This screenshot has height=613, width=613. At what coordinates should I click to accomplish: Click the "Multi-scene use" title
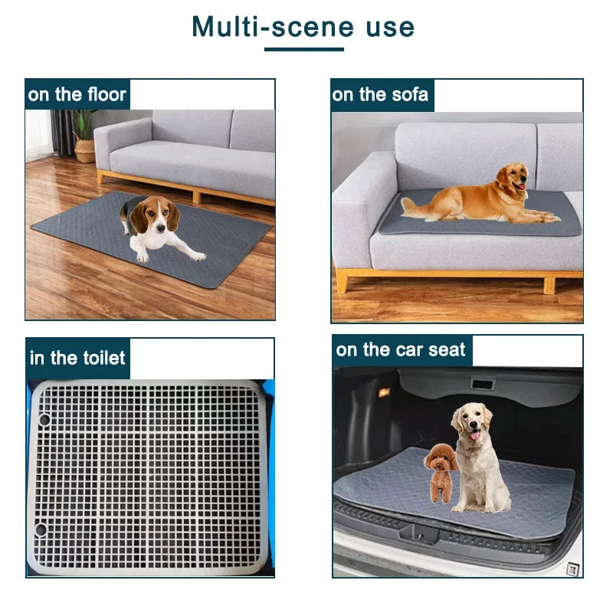[x=303, y=27]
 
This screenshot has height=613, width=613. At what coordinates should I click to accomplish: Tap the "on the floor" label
[x=77, y=95]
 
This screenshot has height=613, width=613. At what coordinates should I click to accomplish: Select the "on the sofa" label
[x=381, y=95]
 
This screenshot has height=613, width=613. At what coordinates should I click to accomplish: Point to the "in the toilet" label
[x=77, y=359]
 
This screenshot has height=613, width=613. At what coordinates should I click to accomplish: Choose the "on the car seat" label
[x=401, y=351]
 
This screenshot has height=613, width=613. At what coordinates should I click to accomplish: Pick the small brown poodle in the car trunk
[x=441, y=470]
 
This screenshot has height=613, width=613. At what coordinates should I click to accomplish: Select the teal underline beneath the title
[x=303, y=50]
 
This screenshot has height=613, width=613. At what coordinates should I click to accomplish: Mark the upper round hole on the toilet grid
[x=44, y=419]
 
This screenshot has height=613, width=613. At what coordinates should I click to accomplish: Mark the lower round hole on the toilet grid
[x=41, y=529]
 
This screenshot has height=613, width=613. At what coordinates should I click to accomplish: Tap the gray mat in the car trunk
[x=536, y=490]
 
